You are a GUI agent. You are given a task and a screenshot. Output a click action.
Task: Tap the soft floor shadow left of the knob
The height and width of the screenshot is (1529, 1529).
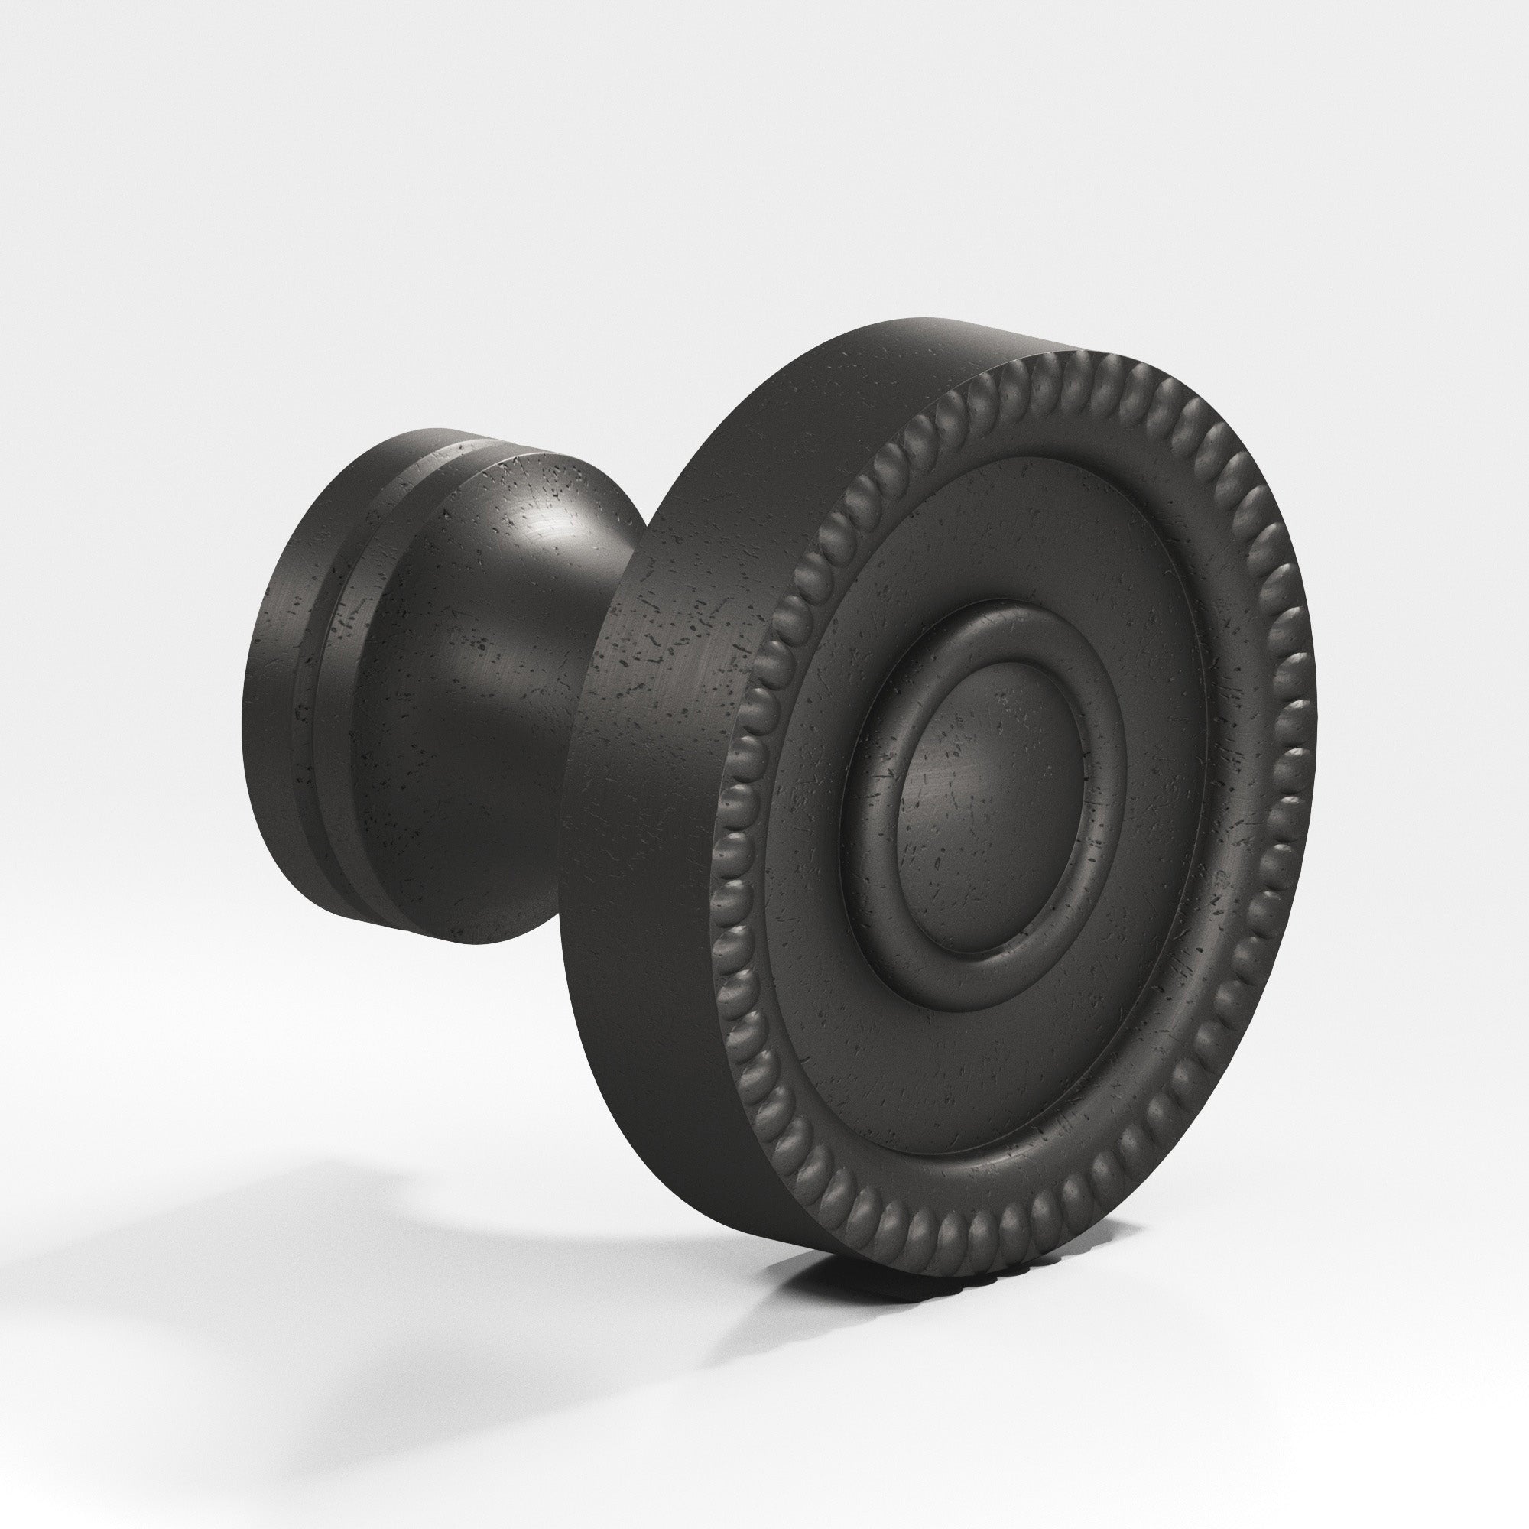238,1235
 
